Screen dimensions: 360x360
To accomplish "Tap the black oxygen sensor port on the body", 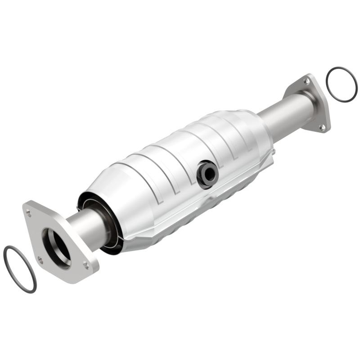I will coord(207,174).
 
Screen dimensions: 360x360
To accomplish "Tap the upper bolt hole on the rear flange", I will coord(306,82).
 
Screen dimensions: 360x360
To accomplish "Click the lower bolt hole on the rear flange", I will coord(322,127).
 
